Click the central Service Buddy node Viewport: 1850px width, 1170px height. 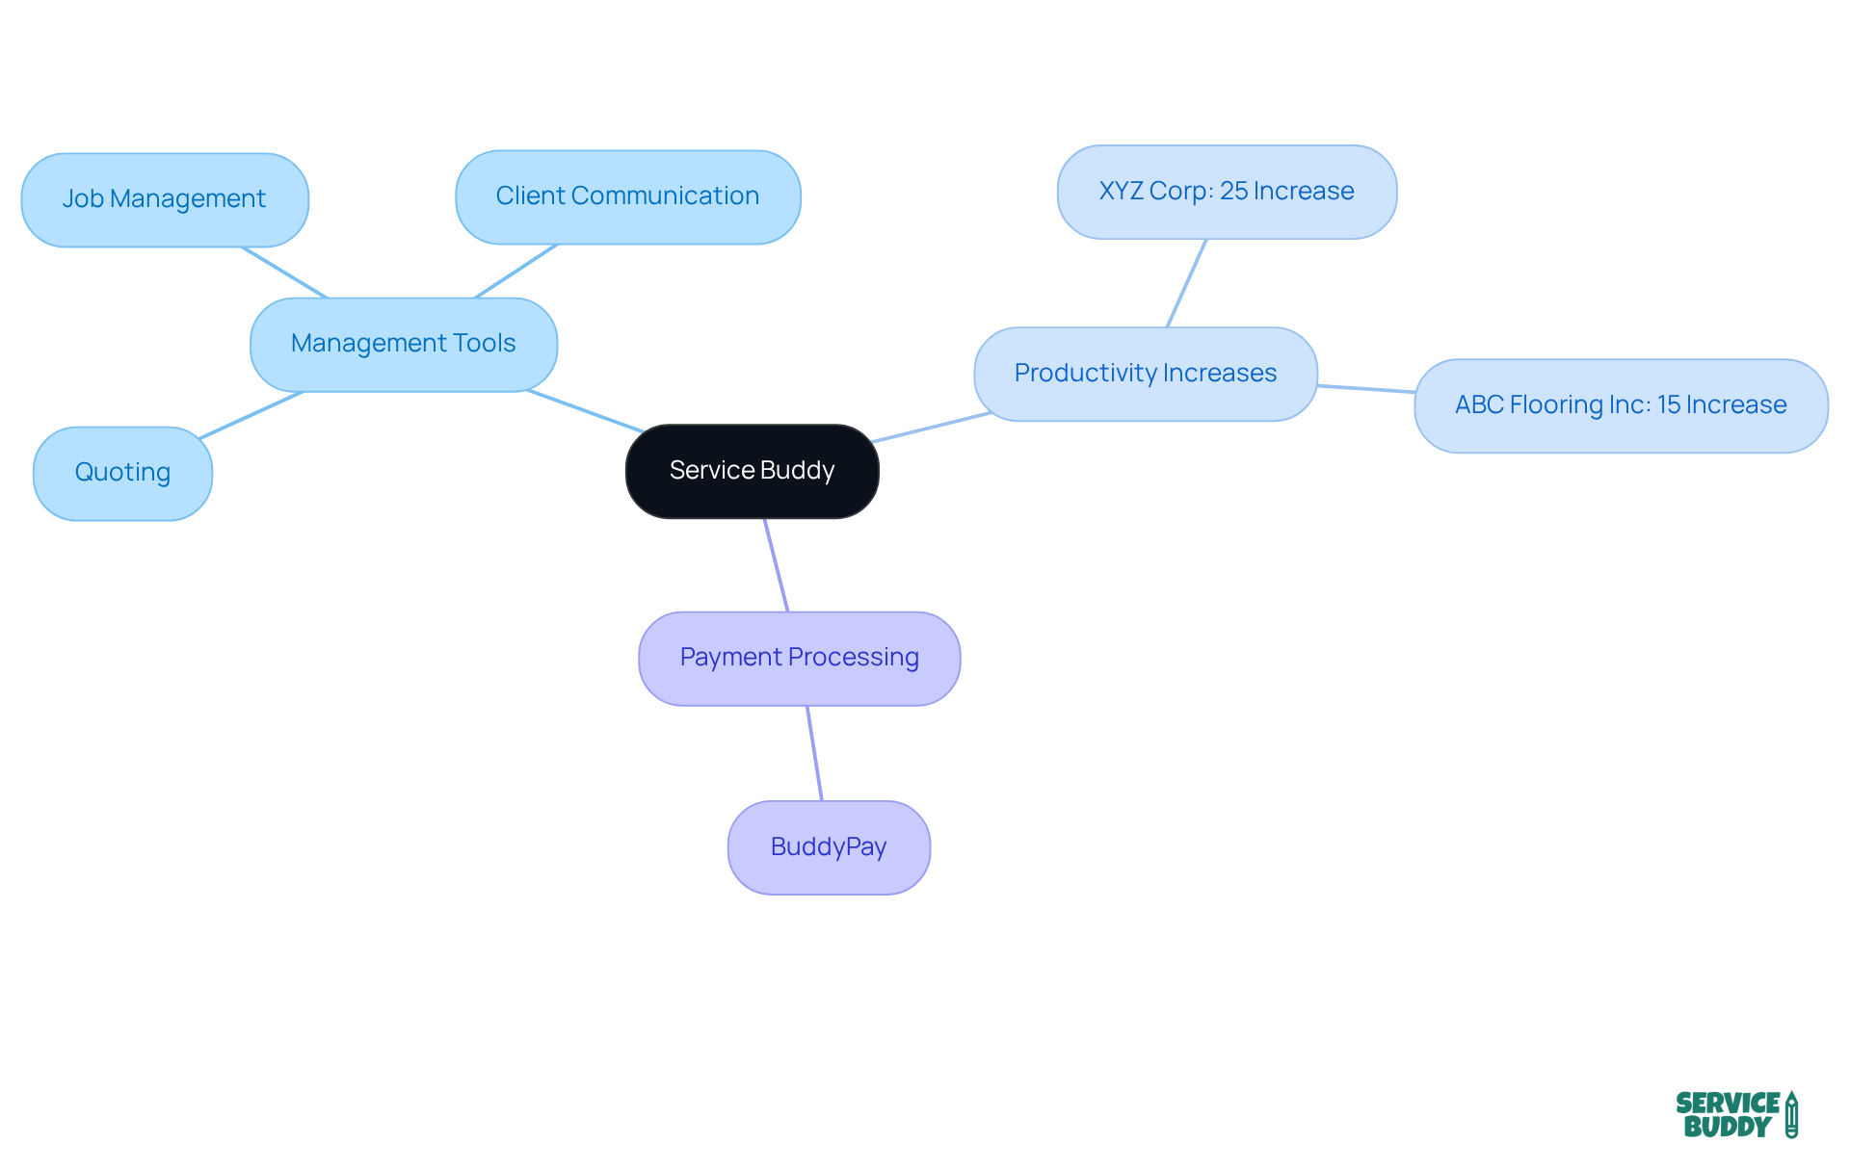pyautogui.click(x=752, y=471)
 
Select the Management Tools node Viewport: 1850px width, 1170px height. pyautogui.click(x=403, y=344)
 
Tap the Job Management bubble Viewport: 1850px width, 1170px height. pyautogui.click(x=164, y=199)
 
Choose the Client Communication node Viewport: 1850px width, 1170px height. pyautogui.click(x=627, y=196)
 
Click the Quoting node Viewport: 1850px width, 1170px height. pyautogui.click(x=122, y=473)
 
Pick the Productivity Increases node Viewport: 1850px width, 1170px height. pyautogui.click(x=1145, y=374)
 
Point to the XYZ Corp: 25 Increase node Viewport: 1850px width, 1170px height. pyautogui.click(x=1226, y=192)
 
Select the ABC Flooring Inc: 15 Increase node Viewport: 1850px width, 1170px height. pyautogui.click(x=1620, y=405)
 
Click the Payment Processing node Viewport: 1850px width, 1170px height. pyautogui.click(x=799, y=658)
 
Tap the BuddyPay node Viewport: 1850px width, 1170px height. pyautogui.click(x=829, y=847)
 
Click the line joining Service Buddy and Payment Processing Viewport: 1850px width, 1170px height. pyautogui.click(x=777, y=565)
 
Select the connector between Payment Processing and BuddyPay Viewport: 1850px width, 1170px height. pyautogui.click(x=814, y=753)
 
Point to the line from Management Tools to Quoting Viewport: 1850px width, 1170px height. pyautogui.click(x=251, y=415)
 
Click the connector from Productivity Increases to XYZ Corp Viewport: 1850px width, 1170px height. pyautogui.click(x=1186, y=283)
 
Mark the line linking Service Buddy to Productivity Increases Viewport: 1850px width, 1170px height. pyautogui.click(x=931, y=428)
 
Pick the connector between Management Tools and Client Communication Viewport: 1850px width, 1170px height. pyautogui.click(x=515, y=271)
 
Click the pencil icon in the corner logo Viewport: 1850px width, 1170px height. pyautogui.click(x=1791, y=1115)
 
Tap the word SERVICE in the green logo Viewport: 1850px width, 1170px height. pyautogui.click(x=1728, y=1103)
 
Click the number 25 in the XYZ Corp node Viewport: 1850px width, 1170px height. pyautogui.click(x=1233, y=192)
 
